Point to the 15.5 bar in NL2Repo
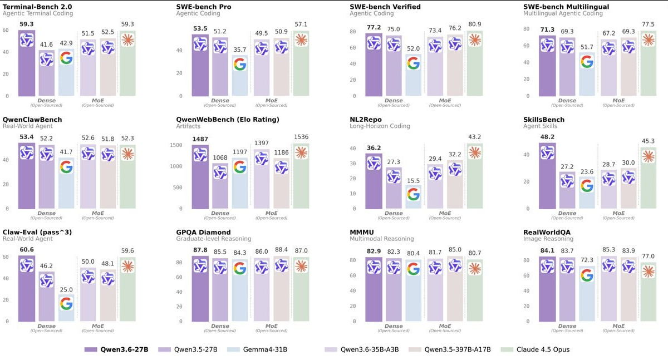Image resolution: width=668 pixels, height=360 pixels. (413, 197)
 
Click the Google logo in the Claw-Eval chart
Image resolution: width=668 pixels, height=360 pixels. (66, 303)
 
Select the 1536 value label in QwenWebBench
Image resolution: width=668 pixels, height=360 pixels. (301, 137)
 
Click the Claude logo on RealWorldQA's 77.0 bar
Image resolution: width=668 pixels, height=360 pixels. (648, 271)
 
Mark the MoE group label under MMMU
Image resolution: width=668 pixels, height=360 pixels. (445, 327)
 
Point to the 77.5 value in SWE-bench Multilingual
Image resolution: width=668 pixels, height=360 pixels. (648, 24)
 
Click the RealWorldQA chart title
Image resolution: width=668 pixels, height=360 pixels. (547, 232)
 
